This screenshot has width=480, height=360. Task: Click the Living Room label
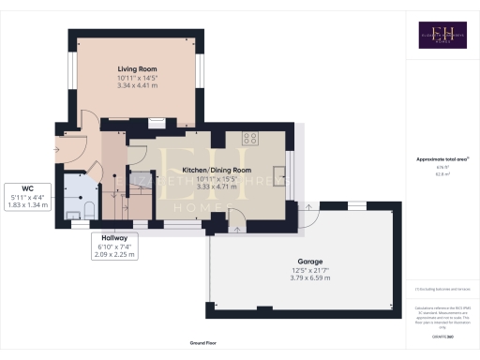[136, 67]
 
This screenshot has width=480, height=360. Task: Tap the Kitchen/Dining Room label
[217, 170]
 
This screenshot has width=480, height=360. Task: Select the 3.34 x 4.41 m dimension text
[136, 85]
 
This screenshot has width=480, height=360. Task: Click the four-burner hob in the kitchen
[250, 138]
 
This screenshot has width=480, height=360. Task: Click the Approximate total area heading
[442, 159]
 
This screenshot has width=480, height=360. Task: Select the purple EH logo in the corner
[442, 35]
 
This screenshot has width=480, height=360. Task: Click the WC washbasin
[73, 216]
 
